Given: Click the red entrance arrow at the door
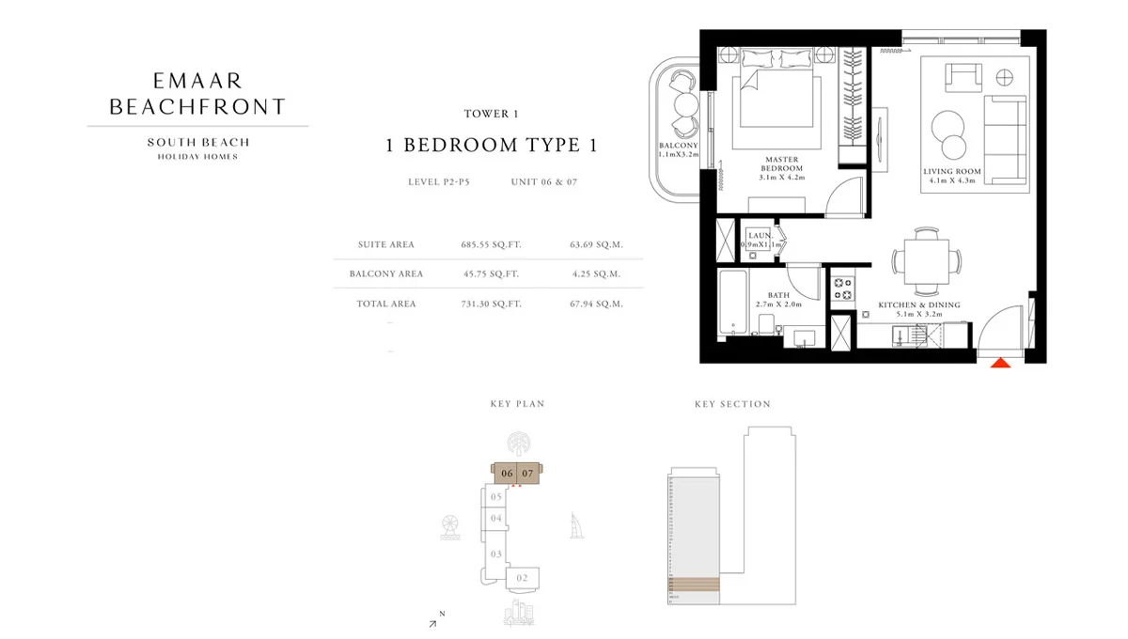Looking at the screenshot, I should pyautogui.click(x=1001, y=361).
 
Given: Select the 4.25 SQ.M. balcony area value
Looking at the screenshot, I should pyautogui.click(x=596, y=274).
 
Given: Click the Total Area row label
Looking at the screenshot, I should pyautogui.click(x=385, y=304).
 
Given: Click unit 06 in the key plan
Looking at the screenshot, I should pyautogui.click(x=507, y=474).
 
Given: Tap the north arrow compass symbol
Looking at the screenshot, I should pyautogui.click(x=434, y=620).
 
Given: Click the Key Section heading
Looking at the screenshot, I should pyautogui.click(x=732, y=404).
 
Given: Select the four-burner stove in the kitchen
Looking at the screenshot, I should pyautogui.click(x=841, y=287).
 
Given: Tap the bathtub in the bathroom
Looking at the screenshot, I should pyautogui.click(x=733, y=303).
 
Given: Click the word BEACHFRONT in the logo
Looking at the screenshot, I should pyautogui.click(x=197, y=107).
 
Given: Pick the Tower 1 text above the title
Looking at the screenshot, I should pyautogui.click(x=491, y=115).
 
